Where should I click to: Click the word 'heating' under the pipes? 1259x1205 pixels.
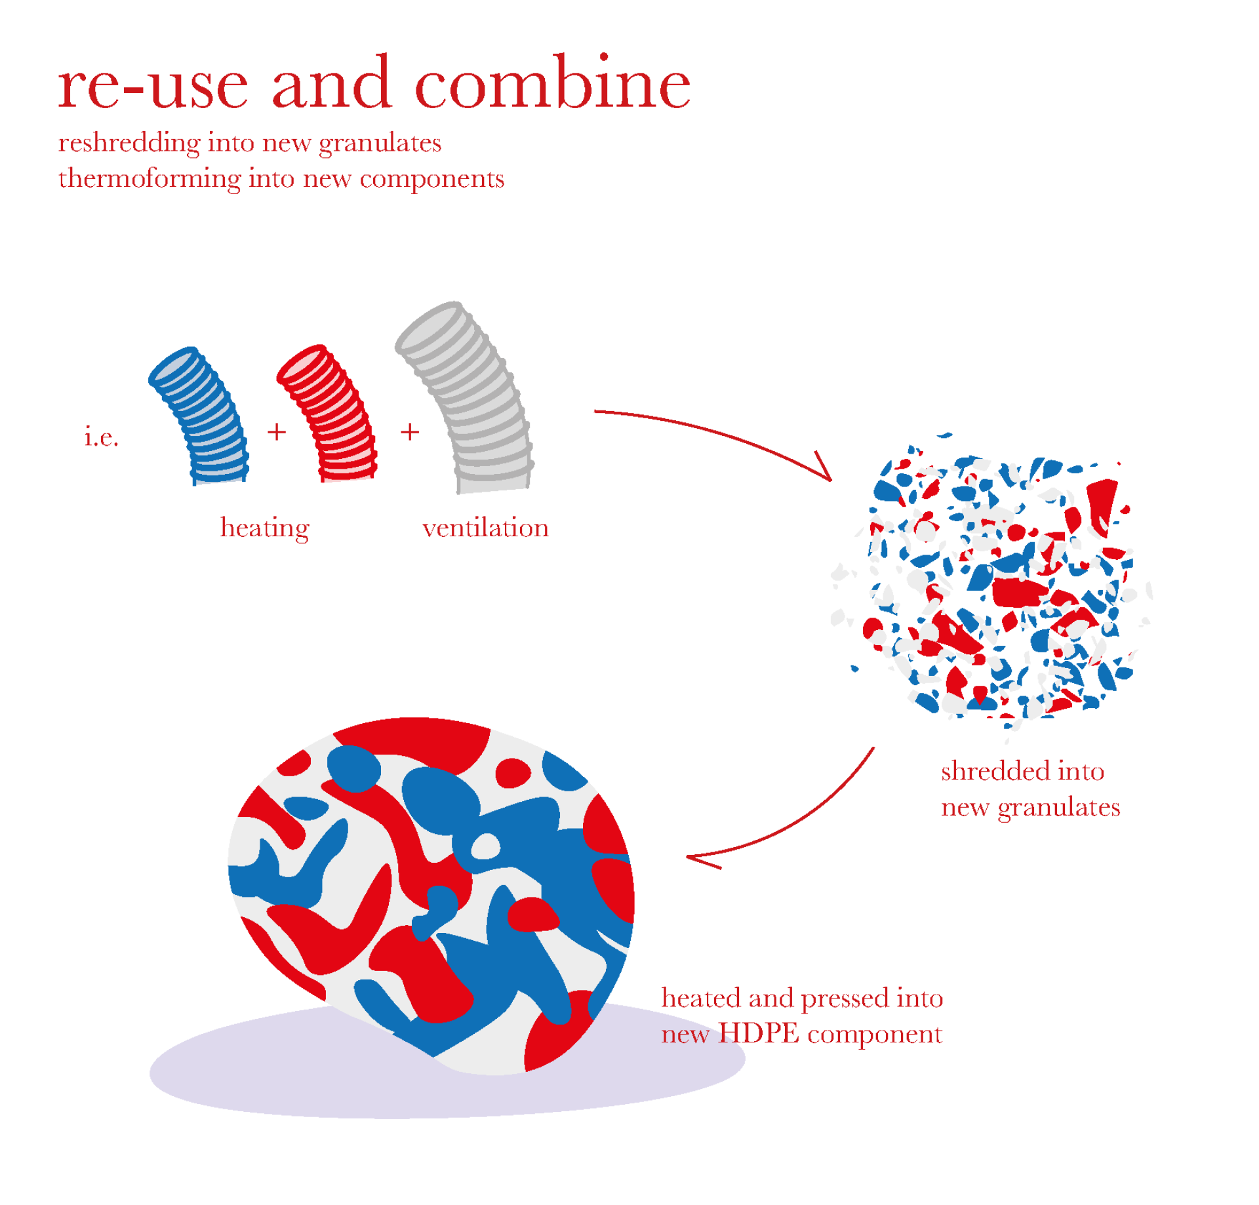click(264, 528)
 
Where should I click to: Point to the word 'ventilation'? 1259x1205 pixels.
click(485, 528)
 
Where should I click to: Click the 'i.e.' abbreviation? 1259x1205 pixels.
click(101, 436)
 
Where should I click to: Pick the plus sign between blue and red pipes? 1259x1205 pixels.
click(277, 431)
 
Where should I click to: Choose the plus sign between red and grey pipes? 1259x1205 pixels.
click(410, 431)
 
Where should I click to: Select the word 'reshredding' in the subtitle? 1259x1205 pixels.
click(129, 144)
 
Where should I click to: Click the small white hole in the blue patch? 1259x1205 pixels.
click(485, 846)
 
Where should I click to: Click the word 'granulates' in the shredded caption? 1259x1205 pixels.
click(1058, 808)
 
